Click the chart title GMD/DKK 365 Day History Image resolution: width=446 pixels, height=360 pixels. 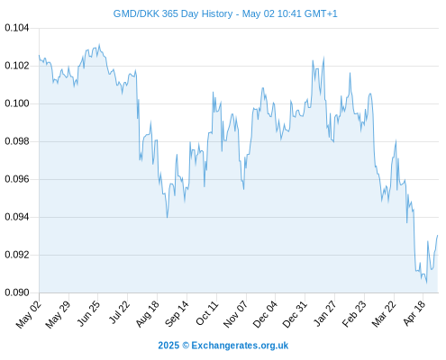(173, 13)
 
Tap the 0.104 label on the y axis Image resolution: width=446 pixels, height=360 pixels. (17, 28)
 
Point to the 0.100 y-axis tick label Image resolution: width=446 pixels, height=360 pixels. (17, 103)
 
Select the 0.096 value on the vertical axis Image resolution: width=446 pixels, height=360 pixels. (17, 179)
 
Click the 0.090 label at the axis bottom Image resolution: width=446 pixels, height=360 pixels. (17, 292)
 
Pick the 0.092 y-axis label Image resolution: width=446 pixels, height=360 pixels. (17, 255)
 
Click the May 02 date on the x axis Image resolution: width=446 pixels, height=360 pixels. (29, 314)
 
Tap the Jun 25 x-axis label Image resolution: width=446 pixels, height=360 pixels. (88, 313)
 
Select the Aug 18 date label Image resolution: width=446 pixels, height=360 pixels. (148, 314)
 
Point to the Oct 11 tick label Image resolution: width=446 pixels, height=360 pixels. (207, 313)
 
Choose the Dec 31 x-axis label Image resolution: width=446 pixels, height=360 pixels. (296, 314)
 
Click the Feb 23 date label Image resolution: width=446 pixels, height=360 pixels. (355, 314)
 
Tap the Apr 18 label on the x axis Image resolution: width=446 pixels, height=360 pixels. (414, 313)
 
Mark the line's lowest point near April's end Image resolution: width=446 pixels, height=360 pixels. (426, 283)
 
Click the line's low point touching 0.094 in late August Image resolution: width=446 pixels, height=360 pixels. (167, 217)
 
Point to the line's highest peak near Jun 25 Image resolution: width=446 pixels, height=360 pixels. (99, 44)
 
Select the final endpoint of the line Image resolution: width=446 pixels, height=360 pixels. (438, 235)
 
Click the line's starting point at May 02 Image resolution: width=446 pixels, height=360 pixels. (39, 55)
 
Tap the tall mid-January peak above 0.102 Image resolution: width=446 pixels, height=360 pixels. (323, 58)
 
